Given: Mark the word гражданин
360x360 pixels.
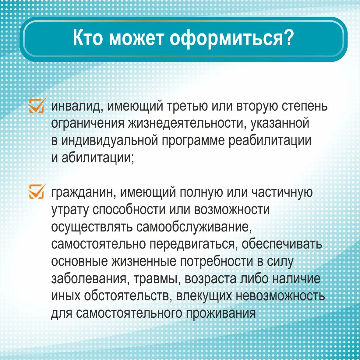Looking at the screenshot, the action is pos(83,192).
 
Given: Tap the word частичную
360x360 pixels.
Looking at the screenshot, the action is pos(282,192).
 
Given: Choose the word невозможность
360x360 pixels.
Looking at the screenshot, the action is pos(280,296).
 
